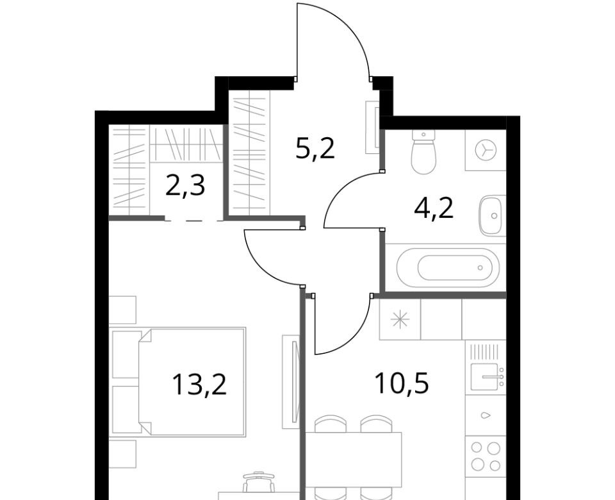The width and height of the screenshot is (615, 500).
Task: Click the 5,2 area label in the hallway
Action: [315, 149]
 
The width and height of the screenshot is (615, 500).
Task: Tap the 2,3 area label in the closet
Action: [185, 186]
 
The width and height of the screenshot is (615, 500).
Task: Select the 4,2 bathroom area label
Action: [434, 208]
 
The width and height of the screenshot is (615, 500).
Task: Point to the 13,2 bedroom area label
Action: [199, 384]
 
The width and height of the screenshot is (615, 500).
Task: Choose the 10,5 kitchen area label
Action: [402, 383]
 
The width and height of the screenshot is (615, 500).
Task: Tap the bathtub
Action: [448, 268]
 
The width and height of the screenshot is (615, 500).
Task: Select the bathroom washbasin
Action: [492, 215]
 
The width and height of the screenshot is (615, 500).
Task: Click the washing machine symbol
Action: [486, 150]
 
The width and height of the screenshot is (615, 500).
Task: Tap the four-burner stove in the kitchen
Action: [486, 456]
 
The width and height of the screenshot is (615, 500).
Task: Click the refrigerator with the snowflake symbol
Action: [400, 319]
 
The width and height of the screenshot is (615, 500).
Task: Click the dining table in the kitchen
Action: [354, 459]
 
